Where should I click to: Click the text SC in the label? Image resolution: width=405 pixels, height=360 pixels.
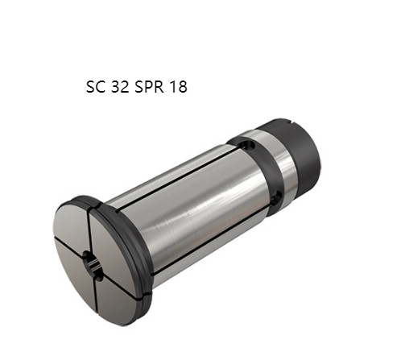pyautogui.click(x=94, y=86)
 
